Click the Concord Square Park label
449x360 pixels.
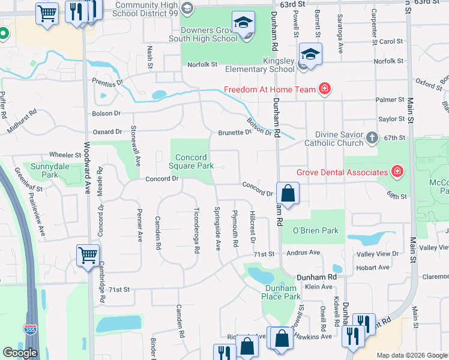click(x=191, y=161)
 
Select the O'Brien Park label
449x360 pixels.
click(x=315, y=230)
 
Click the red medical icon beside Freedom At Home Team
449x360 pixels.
click(x=325, y=89)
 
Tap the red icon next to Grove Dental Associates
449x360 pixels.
click(x=397, y=172)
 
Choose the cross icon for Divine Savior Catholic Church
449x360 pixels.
click(x=372, y=138)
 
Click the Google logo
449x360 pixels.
click(x=20, y=353)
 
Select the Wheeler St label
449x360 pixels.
click(x=65, y=155)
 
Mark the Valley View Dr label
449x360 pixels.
click(x=378, y=254)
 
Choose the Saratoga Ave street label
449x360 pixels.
click(x=340, y=42)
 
